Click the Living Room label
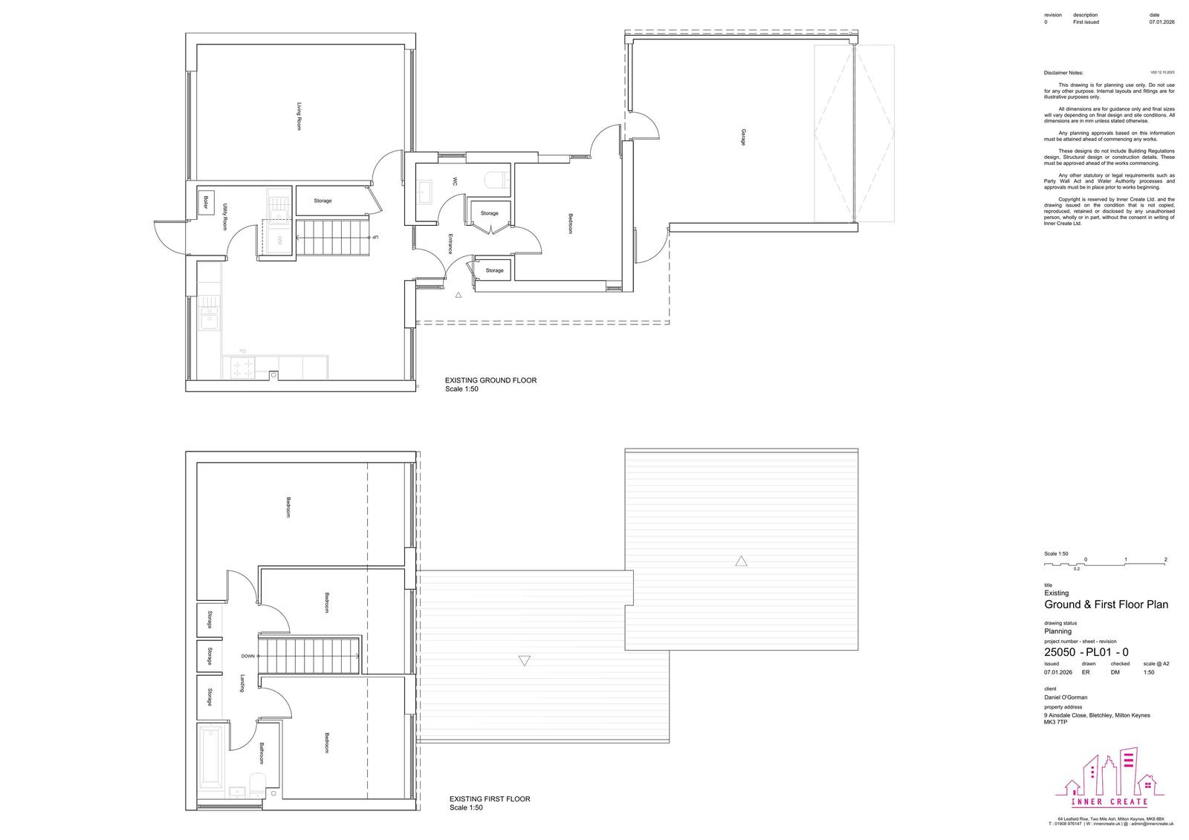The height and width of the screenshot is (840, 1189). click(299, 117)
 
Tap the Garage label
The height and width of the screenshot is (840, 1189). click(743, 137)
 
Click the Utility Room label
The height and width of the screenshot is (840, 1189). click(224, 217)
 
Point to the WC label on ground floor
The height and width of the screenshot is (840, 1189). click(455, 180)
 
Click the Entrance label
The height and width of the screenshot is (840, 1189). click(450, 244)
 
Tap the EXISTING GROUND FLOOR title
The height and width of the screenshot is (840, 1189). click(490, 380)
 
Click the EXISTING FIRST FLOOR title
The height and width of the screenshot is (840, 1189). click(490, 799)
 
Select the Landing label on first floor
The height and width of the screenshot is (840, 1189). click(242, 684)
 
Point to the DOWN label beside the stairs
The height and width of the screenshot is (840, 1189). click(248, 656)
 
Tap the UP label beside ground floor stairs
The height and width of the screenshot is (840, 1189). click(375, 238)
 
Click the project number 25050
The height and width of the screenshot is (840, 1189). click(1060, 652)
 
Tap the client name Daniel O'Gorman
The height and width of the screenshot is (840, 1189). click(1066, 697)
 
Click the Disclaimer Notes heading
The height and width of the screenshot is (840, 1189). click(1063, 73)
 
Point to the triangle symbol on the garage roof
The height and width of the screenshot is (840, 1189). click(741, 561)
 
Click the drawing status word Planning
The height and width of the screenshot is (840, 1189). click(1058, 631)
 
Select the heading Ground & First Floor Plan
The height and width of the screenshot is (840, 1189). click(1106, 605)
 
